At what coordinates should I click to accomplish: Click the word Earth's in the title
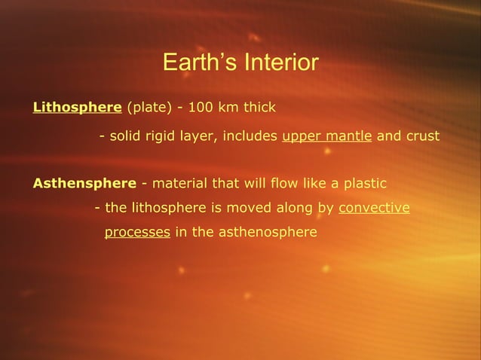[198, 62]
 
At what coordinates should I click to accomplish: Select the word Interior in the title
[279, 62]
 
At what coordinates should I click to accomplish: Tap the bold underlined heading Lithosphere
[78, 107]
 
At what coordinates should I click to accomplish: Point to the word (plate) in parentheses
[149, 107]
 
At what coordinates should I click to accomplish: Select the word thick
[259, 107]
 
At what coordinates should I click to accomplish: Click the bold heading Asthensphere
[84, 183]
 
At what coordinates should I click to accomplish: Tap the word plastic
[364, 183]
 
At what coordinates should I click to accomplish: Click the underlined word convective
[374, 207]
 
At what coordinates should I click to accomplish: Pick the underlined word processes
[136, 232]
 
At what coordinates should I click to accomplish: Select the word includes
[250, 137]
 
